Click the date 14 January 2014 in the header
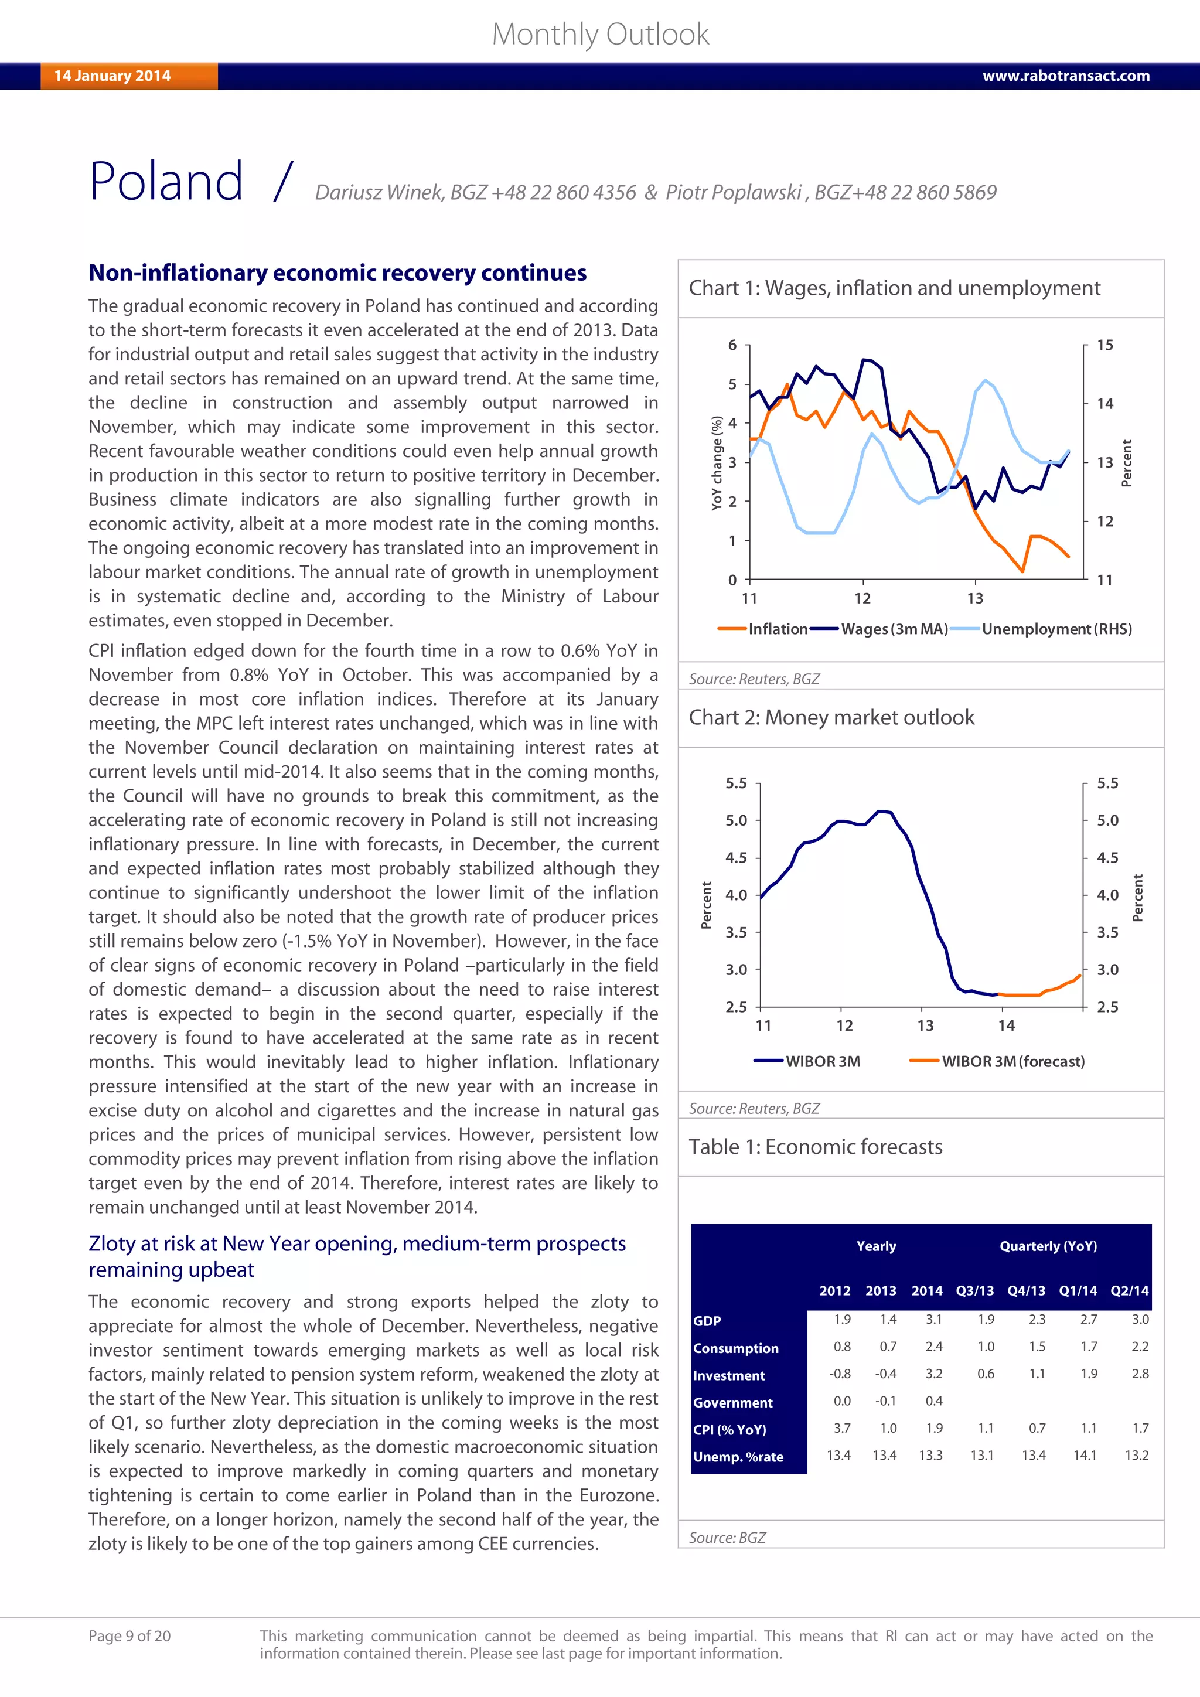coord(112,76)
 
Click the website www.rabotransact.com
coord(1065,76)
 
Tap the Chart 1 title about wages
coord(894,288)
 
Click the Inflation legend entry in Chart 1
coord(778,629)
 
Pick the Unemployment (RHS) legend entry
coord(1056,629)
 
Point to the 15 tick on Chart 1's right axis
coord(1104,345)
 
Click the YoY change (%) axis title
coord(716,464)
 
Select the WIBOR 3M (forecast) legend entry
coord(1012,1061)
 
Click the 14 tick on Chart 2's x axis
coord(1007,1026)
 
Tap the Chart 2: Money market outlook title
coord(831,718)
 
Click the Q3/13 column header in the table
coord(974,1290)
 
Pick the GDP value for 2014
coord(934,1319)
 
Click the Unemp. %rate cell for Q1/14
coord(1085,1456)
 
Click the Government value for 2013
coord(886,1400)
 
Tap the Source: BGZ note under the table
coord(727,1538)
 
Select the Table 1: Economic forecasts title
coord(815,1147)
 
